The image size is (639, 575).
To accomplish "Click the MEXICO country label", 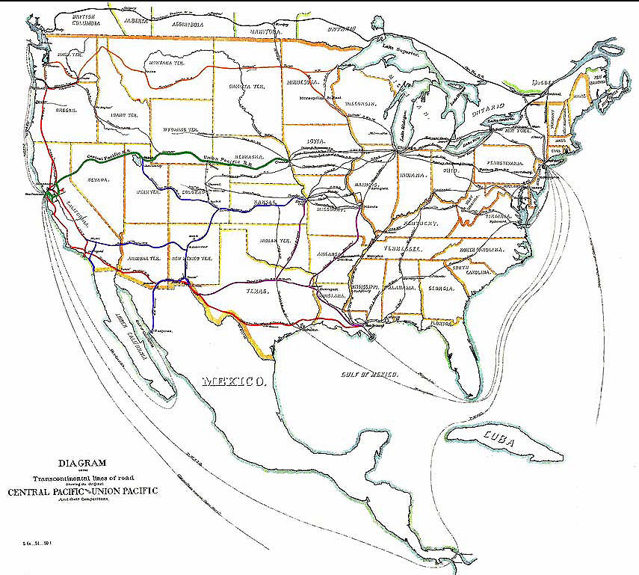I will coord(234,381).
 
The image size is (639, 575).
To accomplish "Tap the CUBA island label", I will coord(499,442).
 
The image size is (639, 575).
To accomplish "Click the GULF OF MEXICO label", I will coord(366,372).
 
